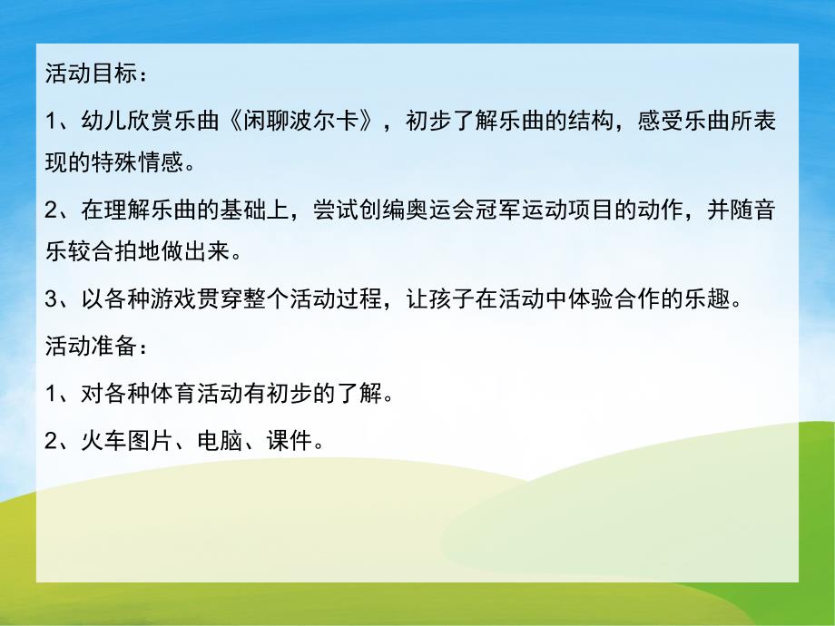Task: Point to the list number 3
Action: pos(51,300)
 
